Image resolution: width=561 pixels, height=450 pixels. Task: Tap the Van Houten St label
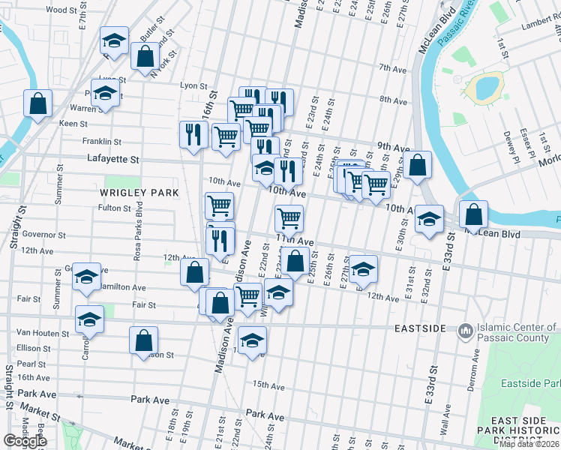click(x=43, y=332)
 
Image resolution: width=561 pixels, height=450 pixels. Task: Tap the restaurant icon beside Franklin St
click(x=193, y=134)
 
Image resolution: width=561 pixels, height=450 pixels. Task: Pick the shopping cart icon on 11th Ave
click(x=289, y=218)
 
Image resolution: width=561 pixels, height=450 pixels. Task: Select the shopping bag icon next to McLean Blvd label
click(x=474, y=214)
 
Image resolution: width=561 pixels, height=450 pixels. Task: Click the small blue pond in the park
click(x=484, y=88)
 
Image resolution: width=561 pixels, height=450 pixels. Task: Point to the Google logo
click(x=25, y=441)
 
